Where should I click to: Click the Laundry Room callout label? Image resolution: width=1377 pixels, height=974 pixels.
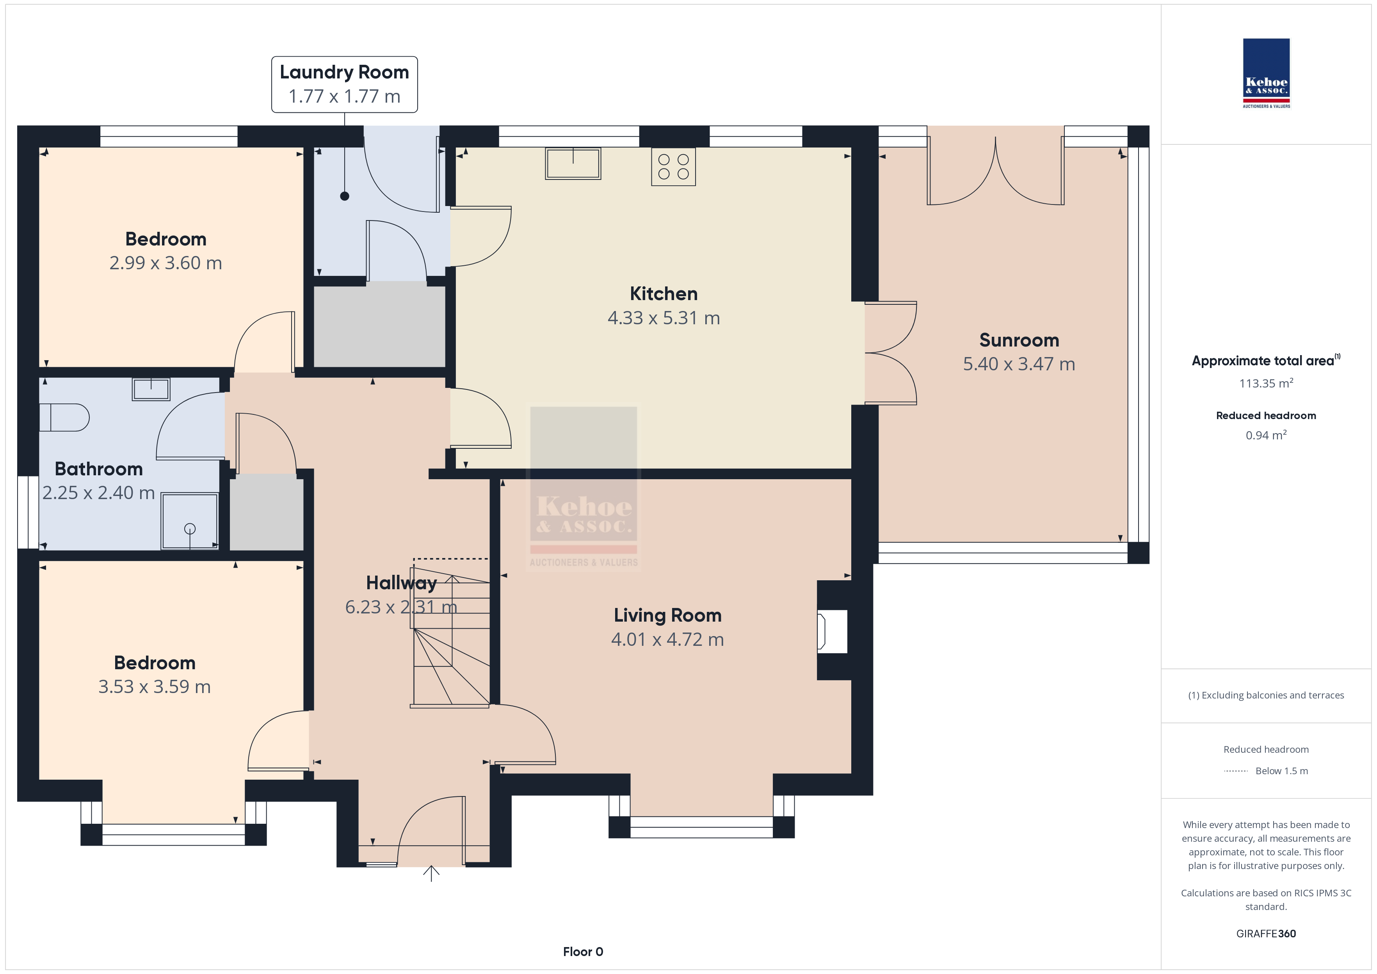click(344, 84)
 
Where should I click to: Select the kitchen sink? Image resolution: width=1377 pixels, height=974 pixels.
click(573, 163)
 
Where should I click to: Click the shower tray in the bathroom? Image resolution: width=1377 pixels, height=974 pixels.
click(190, 521)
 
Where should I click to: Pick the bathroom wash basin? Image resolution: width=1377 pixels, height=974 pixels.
click(151, 389)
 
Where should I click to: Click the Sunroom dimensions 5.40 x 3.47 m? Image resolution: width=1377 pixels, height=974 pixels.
click(1019, 364)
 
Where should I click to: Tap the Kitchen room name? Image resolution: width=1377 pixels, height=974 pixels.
click(663, 293)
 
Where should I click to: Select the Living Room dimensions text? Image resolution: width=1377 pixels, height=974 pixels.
click(667, 639)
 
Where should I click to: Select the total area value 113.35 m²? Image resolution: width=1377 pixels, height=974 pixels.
click(1266, 383)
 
